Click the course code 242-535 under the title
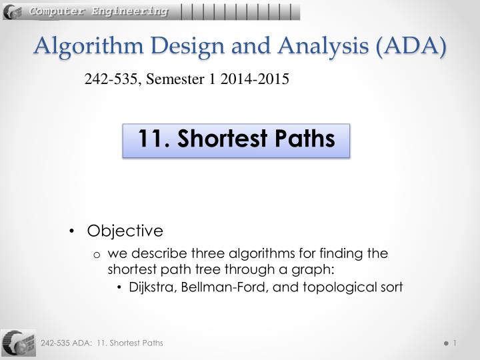[x=107, y=80]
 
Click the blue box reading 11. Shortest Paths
[x=236, y=140]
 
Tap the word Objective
[x=125, y=231]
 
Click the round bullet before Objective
[x=71, y=231]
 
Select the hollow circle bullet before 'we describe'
[x=97, y=254]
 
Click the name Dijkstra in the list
[x=150, y=287]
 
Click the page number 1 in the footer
[x=454, y=343]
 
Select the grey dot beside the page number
[x=445, y=343]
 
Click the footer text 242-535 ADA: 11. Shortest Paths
[x=102, y=343]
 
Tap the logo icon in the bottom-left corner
[x=19, y=343]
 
